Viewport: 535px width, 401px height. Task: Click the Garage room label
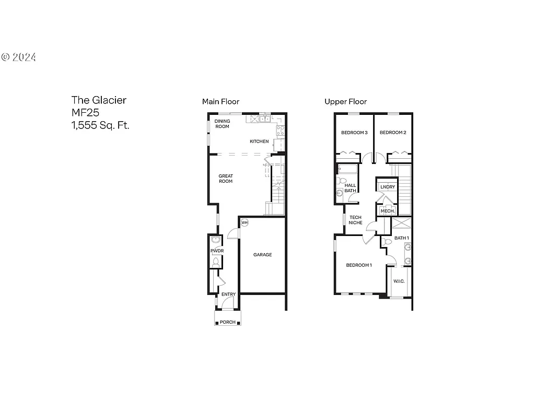coord(262,255)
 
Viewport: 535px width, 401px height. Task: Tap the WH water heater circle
coord(245,223)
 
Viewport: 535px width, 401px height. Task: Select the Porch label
coord(227,322)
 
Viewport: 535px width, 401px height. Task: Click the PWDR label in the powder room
coord(216,251)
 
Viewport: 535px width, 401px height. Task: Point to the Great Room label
coord(226,179)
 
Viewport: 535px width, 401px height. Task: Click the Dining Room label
coord(223,124)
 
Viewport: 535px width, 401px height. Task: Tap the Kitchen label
coord(259,141)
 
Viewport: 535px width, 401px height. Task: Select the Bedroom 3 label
coord(354,133)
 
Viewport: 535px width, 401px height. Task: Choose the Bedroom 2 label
coord(393,133)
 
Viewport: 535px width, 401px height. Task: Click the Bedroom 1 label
coord(359,265)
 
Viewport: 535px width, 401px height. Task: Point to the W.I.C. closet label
coord(399,281)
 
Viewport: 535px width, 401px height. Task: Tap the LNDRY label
coord(388,187)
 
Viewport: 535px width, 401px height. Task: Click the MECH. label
coord(388,210)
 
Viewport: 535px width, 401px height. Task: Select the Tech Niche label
coord(356,220)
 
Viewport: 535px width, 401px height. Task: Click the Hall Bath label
coord(350,188)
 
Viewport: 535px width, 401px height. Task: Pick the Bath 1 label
coord(401,238)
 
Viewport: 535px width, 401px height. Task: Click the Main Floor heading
coord(220,102)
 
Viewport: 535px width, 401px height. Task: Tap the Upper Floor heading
coord(345,102)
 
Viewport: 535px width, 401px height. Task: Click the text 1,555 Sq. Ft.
coord(100,125)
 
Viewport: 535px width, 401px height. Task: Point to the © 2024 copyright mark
coord(19,57)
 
